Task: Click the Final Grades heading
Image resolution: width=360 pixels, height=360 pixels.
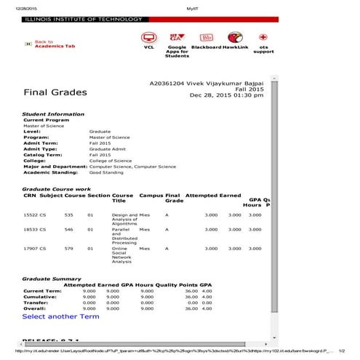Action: [x=55, y=92]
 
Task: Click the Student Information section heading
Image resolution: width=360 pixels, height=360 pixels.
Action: [x=53, y=114]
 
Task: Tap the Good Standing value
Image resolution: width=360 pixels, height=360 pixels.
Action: [x=106, y=173]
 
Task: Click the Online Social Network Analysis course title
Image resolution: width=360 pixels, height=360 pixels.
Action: [x=120, y=255]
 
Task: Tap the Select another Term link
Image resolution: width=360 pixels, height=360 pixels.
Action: [x=60, y=316]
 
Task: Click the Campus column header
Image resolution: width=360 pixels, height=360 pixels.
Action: [x=151, y=196]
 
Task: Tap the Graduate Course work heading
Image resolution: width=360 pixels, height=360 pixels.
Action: [x=57, y=189]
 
